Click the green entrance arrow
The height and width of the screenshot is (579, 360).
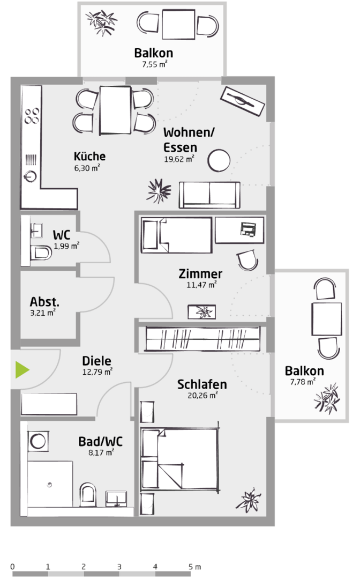(x=21, y=369)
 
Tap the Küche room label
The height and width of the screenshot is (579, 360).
(x=89, y=156)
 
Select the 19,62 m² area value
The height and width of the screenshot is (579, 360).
(x=179, y=159)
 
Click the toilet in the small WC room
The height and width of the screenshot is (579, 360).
(x=41, y=253)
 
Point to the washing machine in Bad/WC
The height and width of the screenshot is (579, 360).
(x=37, y=441)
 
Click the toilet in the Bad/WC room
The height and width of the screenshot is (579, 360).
(x=88, y=494)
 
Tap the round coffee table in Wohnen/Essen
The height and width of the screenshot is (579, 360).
(x=219, y=161)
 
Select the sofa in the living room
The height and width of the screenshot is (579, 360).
(x=209, y=195)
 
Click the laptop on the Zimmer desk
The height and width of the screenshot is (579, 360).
(x=247, y=229)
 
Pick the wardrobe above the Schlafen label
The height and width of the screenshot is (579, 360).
(x=202, y=339)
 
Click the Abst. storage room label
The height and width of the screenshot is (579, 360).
(x=44, y=302)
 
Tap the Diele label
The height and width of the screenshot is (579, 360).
(x=96, y=361)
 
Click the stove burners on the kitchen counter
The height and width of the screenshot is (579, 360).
(x=32, y=116)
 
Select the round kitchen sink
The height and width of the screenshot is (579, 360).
(x=30, y=176)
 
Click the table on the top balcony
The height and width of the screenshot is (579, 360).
(x=178, y=24)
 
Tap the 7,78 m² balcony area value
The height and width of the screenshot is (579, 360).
(x=303, y=382)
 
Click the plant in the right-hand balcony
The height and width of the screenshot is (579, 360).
(x=327, y=398)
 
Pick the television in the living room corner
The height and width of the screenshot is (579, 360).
(x=242, y=101)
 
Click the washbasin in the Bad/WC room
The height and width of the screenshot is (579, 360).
(x=117, y=499)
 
